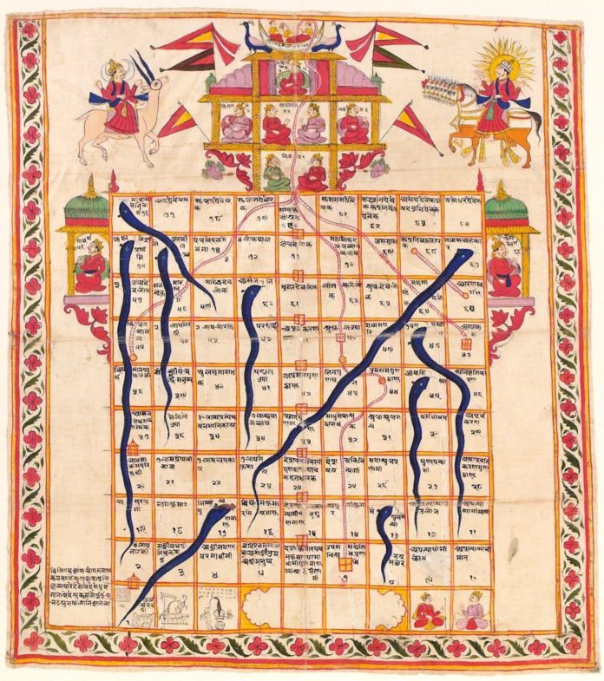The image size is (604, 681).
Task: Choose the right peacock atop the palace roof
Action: pos(328,37)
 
